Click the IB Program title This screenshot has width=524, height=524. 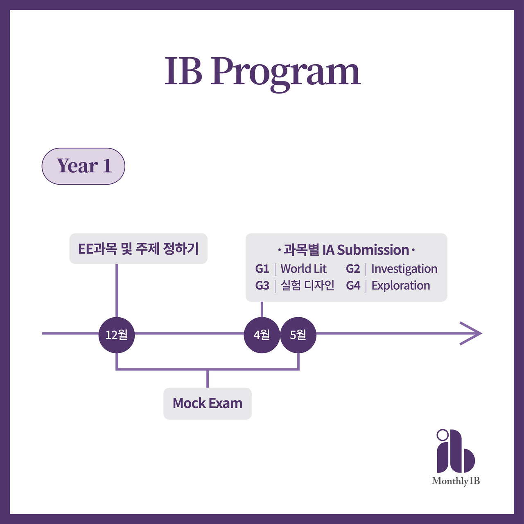click(262, 72)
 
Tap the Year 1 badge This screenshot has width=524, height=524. click(84, 166)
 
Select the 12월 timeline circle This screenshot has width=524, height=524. click(117, 334)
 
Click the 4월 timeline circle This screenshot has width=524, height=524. click(262, 334)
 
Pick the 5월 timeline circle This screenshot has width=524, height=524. click(298, 334)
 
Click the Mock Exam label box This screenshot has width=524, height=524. click(208, 403)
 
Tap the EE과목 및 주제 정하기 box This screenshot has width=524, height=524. click(138, 248)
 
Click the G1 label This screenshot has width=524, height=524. click(262, 269)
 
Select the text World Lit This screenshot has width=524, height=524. click(303, 269)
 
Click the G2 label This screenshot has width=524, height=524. click(353, 269)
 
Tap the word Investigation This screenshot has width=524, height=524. click(404, 269)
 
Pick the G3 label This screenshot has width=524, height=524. click(262, 285)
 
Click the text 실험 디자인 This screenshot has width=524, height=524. click(307, 285)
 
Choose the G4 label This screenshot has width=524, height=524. click(353, 285)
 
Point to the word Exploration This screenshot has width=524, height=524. click(400, 285)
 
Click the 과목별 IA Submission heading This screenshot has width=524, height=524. click(346, 250)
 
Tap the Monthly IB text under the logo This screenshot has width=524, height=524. click(456, 481)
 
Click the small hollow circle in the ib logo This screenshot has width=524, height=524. click(442, 434)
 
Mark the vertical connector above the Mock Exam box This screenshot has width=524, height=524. click(208, 379)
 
